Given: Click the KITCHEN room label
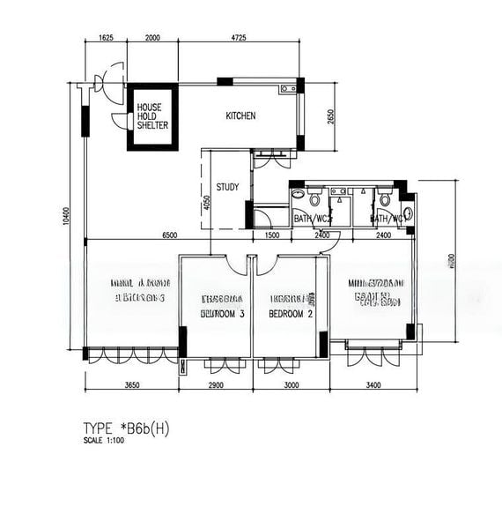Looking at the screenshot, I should click(x=240, y=116).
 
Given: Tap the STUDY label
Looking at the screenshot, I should click(x=228, y=187).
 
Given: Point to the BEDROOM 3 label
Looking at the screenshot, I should click(x=223, y=313).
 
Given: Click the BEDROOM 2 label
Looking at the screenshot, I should click(x=292, y=313).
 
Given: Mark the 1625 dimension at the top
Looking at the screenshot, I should click(x=106, y=38).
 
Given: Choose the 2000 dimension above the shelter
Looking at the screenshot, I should click(x=151, y=38).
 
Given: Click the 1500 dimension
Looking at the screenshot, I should click(x=271, y=235).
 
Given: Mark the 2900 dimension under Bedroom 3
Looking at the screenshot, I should click(x=216, y=385).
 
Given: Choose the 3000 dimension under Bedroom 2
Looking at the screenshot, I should click(x=292, y=385).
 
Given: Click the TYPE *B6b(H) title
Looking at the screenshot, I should click(x=127, y=428).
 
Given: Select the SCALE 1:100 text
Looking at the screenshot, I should click(x=104, y=440).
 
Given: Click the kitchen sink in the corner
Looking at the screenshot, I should click(x=287, y=88).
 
